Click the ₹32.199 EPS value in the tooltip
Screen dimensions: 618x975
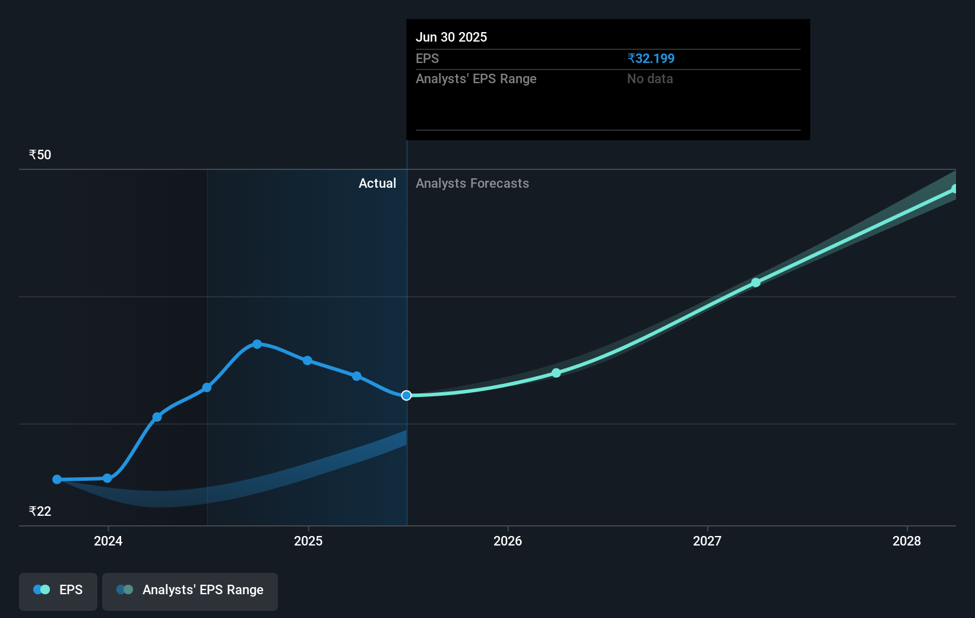coord(651,59)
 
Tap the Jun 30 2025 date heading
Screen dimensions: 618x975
coord(451,37)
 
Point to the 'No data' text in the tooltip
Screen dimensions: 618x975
coord(650,79)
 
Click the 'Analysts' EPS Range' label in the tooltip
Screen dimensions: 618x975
coord(476,79)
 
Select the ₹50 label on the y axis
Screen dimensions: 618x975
coord(40,155)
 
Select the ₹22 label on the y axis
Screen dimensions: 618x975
coord(40,512)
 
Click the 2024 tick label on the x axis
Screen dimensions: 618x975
coord(108,541)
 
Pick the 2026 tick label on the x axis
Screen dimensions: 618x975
coord(508,541)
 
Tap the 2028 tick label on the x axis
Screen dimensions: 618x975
coord(907,541)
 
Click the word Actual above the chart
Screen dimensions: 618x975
coord(377,184)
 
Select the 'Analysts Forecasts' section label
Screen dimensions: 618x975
coord(472,184)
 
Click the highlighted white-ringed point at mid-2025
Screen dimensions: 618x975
coord(406,396)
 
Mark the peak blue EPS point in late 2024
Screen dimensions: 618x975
coord(257,344)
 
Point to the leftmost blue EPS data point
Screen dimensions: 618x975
coord(57,480)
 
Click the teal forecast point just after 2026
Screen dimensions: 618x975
coord(556,373)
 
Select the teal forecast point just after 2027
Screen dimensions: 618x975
coord(756,283)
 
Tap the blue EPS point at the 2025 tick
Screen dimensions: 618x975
coord(308,361)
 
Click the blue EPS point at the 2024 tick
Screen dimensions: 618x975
coord(107,478)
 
